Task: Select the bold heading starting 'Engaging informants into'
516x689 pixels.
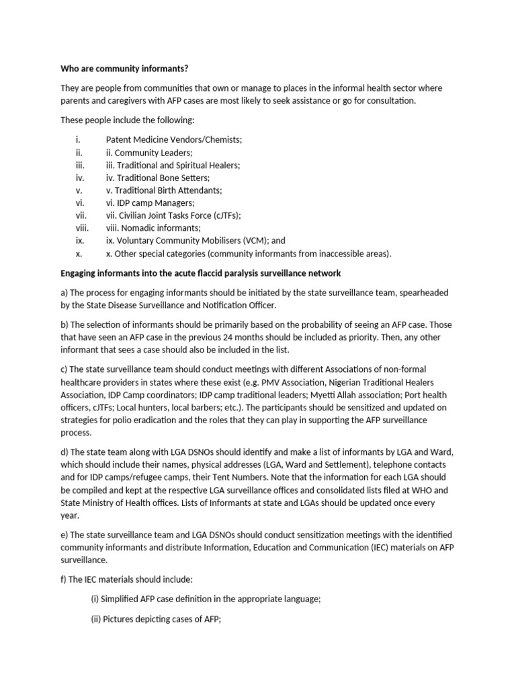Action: point(201,273)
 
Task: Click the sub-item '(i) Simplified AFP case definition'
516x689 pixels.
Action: point(205,597)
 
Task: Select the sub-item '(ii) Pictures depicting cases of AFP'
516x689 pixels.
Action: point(156,622)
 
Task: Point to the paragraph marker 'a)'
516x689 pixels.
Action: point(64,293)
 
